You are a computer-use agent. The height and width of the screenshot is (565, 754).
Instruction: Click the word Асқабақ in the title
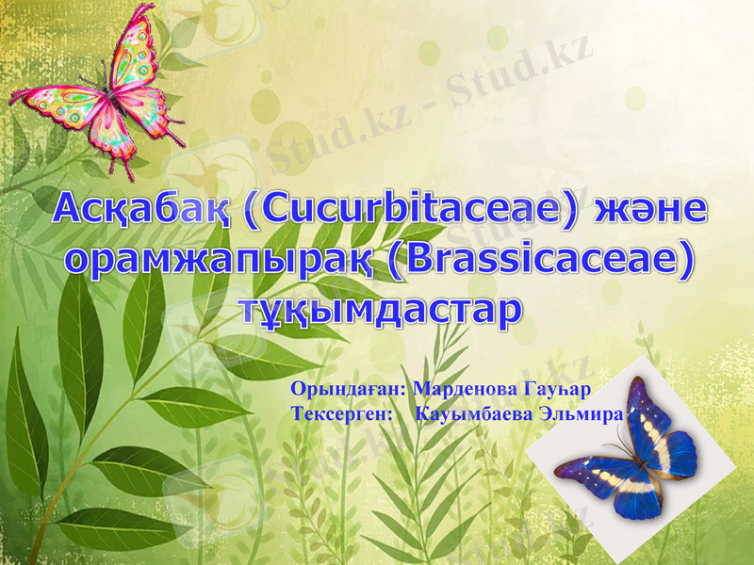140,209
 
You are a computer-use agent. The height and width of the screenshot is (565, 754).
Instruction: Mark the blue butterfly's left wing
589,471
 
